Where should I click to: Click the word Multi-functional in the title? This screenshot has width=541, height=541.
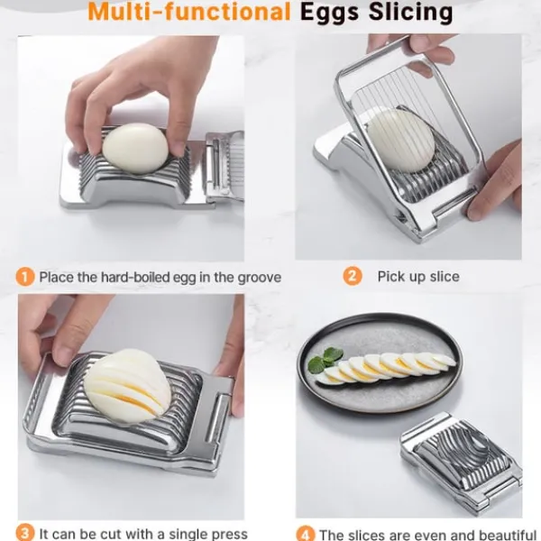(189, 12)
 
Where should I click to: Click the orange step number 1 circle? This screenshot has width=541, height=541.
(25, 277)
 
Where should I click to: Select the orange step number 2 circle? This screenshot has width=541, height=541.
(353, 276)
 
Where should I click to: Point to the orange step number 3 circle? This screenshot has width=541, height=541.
(25, 532)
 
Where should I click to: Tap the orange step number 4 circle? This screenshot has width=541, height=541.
(306, 534)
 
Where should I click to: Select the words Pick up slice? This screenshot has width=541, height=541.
(418, 277)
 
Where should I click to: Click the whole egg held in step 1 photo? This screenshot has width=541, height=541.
(135, 149)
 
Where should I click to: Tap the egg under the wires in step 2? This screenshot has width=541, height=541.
(400, 141)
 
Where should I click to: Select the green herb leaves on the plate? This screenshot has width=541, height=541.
(326, 360)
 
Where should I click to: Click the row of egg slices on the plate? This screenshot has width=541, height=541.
(386, 369)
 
